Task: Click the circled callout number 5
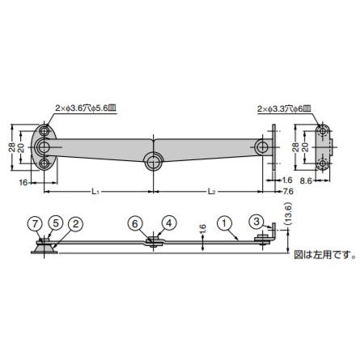tap(55, 222)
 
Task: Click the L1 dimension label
tap(95, 191)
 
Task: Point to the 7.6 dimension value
tap(288, 191)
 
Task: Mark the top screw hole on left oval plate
tap(44, 129)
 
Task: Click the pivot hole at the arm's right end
tap(262, 147)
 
